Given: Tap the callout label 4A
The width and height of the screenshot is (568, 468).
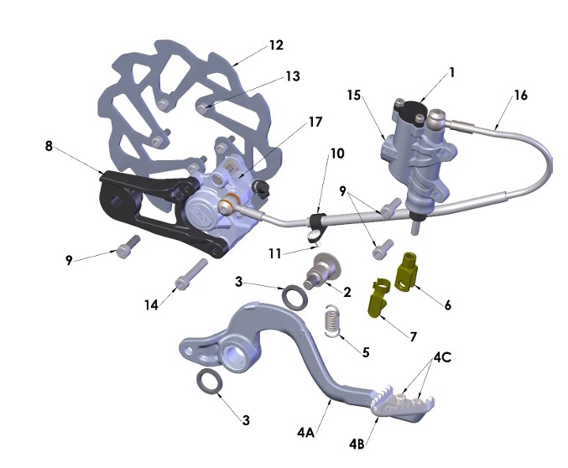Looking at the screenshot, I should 305,433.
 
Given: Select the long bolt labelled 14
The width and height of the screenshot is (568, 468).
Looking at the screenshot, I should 190,273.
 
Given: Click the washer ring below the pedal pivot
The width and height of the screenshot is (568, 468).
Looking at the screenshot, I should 210,382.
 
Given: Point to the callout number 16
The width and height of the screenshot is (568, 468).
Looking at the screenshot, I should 520,95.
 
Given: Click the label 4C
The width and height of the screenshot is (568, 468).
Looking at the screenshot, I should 443,357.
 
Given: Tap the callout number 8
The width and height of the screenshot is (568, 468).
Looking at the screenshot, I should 49,146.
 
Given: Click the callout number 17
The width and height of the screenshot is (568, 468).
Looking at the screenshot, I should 315,122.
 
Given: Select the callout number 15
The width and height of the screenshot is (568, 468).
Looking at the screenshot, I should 355,96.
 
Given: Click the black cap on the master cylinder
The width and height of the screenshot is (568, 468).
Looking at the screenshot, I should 410,108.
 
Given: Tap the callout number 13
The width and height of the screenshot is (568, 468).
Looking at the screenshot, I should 291,76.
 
